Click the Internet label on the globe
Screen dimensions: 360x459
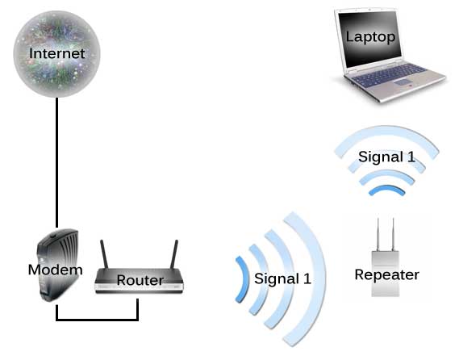point(56,54)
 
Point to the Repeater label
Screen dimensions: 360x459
point(387,274)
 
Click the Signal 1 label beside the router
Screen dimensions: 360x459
point(282,279)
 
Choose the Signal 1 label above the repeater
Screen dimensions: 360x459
point(387,157)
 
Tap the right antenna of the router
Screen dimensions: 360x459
point(174,253)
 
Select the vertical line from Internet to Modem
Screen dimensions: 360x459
point(56,161)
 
